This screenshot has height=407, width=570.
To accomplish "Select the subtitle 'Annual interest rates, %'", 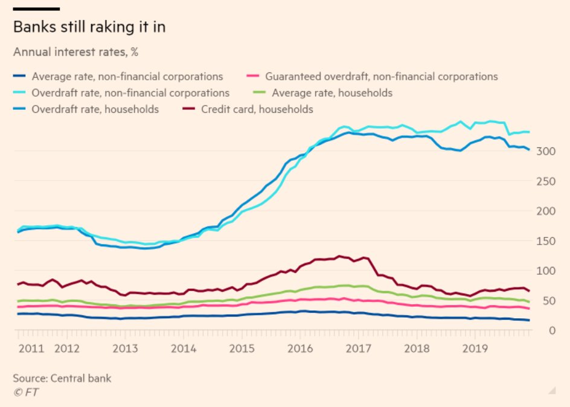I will click(x=76, y=52).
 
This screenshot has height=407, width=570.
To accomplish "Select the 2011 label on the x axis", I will click(x=31, y=348).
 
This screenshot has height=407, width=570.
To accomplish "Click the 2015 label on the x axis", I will click(x=242, y=348).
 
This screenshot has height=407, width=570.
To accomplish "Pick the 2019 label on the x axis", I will click(x=475, y=348).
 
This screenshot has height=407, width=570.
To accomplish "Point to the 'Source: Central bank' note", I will click(x=62, y=379).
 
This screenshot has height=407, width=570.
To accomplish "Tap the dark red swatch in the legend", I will click(x=190, y=109).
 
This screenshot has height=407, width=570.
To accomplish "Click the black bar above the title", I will click(x=36, y=9).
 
